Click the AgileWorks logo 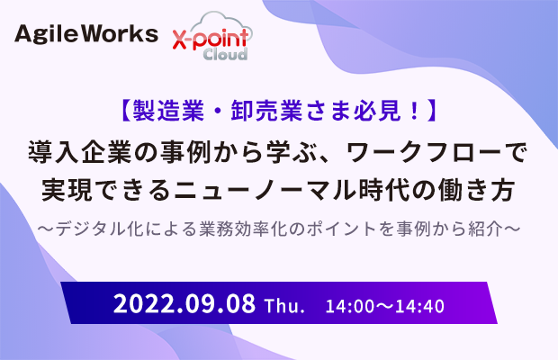click(86, 34)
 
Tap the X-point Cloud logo click(212, 36)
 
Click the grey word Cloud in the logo click(225, 54)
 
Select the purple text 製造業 click(168, 111)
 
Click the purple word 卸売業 click(267, 111)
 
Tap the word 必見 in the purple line click(377, 111)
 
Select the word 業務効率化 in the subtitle click(244, 229)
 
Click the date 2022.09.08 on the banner click(184, 303)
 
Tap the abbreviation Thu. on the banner click(284, 306)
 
